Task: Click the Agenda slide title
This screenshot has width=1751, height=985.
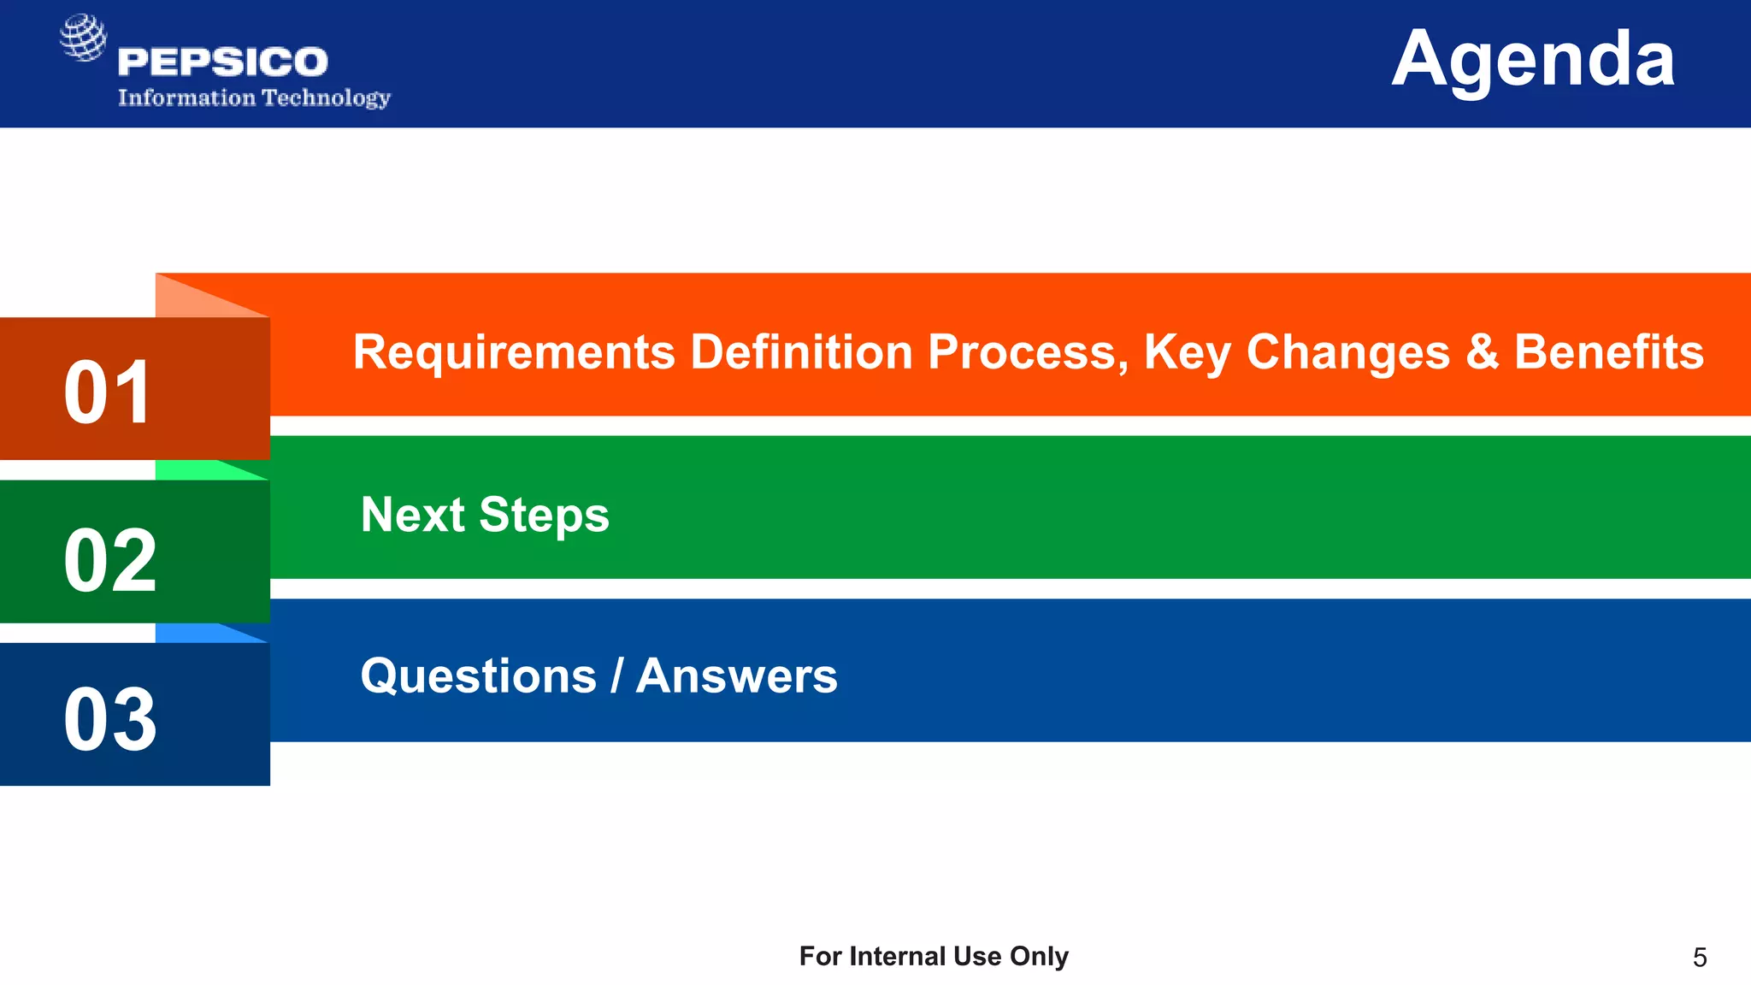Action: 1532,60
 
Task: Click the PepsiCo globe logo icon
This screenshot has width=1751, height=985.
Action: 83,38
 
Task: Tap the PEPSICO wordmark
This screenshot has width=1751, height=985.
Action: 222,62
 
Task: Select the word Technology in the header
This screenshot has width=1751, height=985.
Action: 326,98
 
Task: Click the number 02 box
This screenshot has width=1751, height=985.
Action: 110,560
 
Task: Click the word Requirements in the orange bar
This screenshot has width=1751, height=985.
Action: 514,352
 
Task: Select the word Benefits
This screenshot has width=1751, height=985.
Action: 1608,352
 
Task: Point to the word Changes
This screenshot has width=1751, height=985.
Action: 1347,352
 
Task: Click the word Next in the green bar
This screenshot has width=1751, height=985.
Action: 412,515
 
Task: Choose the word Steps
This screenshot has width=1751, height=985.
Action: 544,516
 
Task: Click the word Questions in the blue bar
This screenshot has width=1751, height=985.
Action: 478,676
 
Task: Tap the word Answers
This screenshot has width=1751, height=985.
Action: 736,676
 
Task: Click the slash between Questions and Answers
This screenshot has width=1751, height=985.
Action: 616,676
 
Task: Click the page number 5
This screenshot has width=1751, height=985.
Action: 1699,958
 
